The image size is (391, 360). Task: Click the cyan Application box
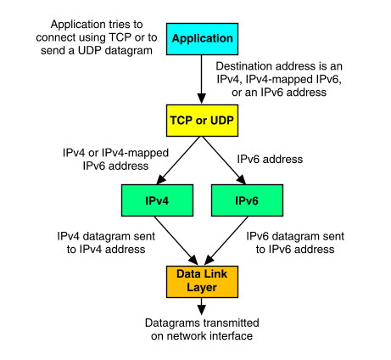[x=202, y=39]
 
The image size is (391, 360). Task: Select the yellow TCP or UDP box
[x=202, y=121]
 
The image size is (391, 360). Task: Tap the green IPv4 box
[x=157, y=200]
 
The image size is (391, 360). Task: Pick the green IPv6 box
[x=247, y=200]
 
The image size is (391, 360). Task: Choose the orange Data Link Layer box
[x=202, y=282]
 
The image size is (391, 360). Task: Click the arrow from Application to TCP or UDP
[x=202, y=80]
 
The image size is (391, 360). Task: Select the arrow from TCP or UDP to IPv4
[x=179, y=160]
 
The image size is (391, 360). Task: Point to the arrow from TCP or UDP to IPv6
[x=224, y=160]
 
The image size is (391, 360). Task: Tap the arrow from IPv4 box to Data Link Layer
[x=176, y=241]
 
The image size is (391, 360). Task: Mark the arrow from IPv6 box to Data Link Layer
[x=226, y=241]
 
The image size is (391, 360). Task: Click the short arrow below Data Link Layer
[x=202, y=307]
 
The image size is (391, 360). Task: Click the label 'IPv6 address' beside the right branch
[x=270, y=160]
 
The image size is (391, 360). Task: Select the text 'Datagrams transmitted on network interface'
[x=202, y=329]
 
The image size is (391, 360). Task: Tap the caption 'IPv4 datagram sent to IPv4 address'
[x=106, y=243]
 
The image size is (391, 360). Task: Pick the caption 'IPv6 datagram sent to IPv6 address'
[x=295, y=243]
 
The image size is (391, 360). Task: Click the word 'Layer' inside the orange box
[x=202, y=288]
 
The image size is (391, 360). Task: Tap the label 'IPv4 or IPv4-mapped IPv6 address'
[x=115, y=160]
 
